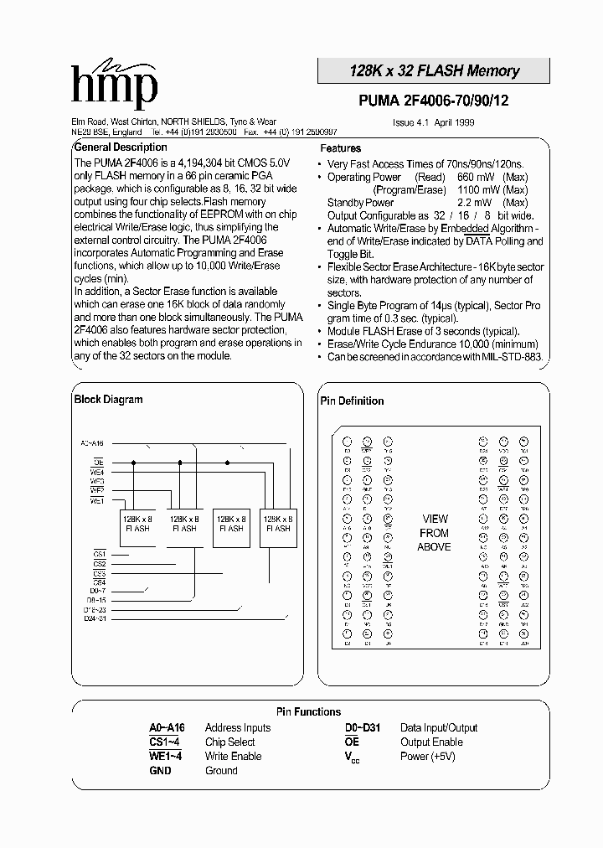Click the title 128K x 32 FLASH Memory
[434, 71]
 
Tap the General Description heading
[121, 147]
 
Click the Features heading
[341, 148]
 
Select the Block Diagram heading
[108, 400]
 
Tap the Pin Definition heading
[352, 401]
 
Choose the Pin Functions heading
[308, 711]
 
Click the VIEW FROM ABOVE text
[434, 533]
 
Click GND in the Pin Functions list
[160, 771]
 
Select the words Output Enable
[431, 742]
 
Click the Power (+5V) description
[426, 757]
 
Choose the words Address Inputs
[238, 728]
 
